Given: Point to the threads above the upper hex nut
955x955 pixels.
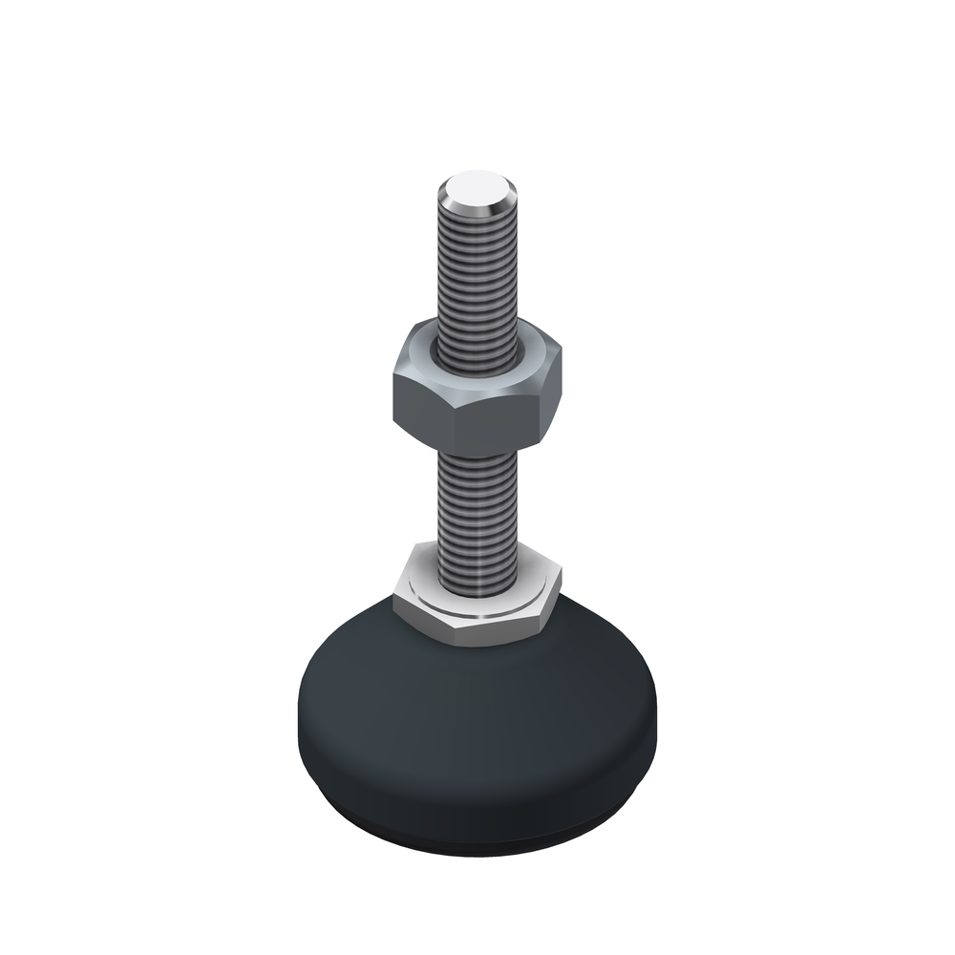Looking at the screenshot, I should click(x=477, y=277).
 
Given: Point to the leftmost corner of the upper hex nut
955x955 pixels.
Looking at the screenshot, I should click(x=393, y=382).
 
